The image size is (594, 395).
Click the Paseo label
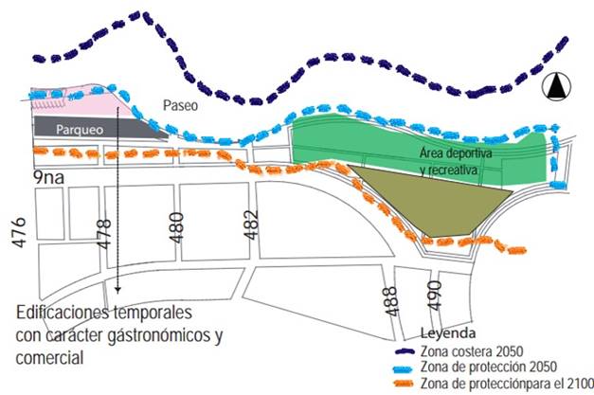(179, 105)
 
